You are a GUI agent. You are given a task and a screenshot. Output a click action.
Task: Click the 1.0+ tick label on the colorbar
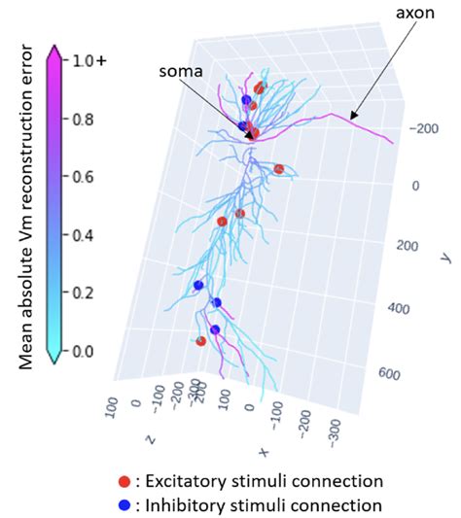(86, 60)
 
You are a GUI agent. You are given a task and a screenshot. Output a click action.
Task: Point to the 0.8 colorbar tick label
(81, 120)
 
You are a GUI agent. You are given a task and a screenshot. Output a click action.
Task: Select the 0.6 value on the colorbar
(81, 177)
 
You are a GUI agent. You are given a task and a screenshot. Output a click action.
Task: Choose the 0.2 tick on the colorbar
(81, 293)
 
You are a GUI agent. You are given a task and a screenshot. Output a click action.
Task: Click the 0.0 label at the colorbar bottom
(81, 350)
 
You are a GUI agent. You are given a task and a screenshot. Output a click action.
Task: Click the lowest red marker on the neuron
(201, 340)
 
